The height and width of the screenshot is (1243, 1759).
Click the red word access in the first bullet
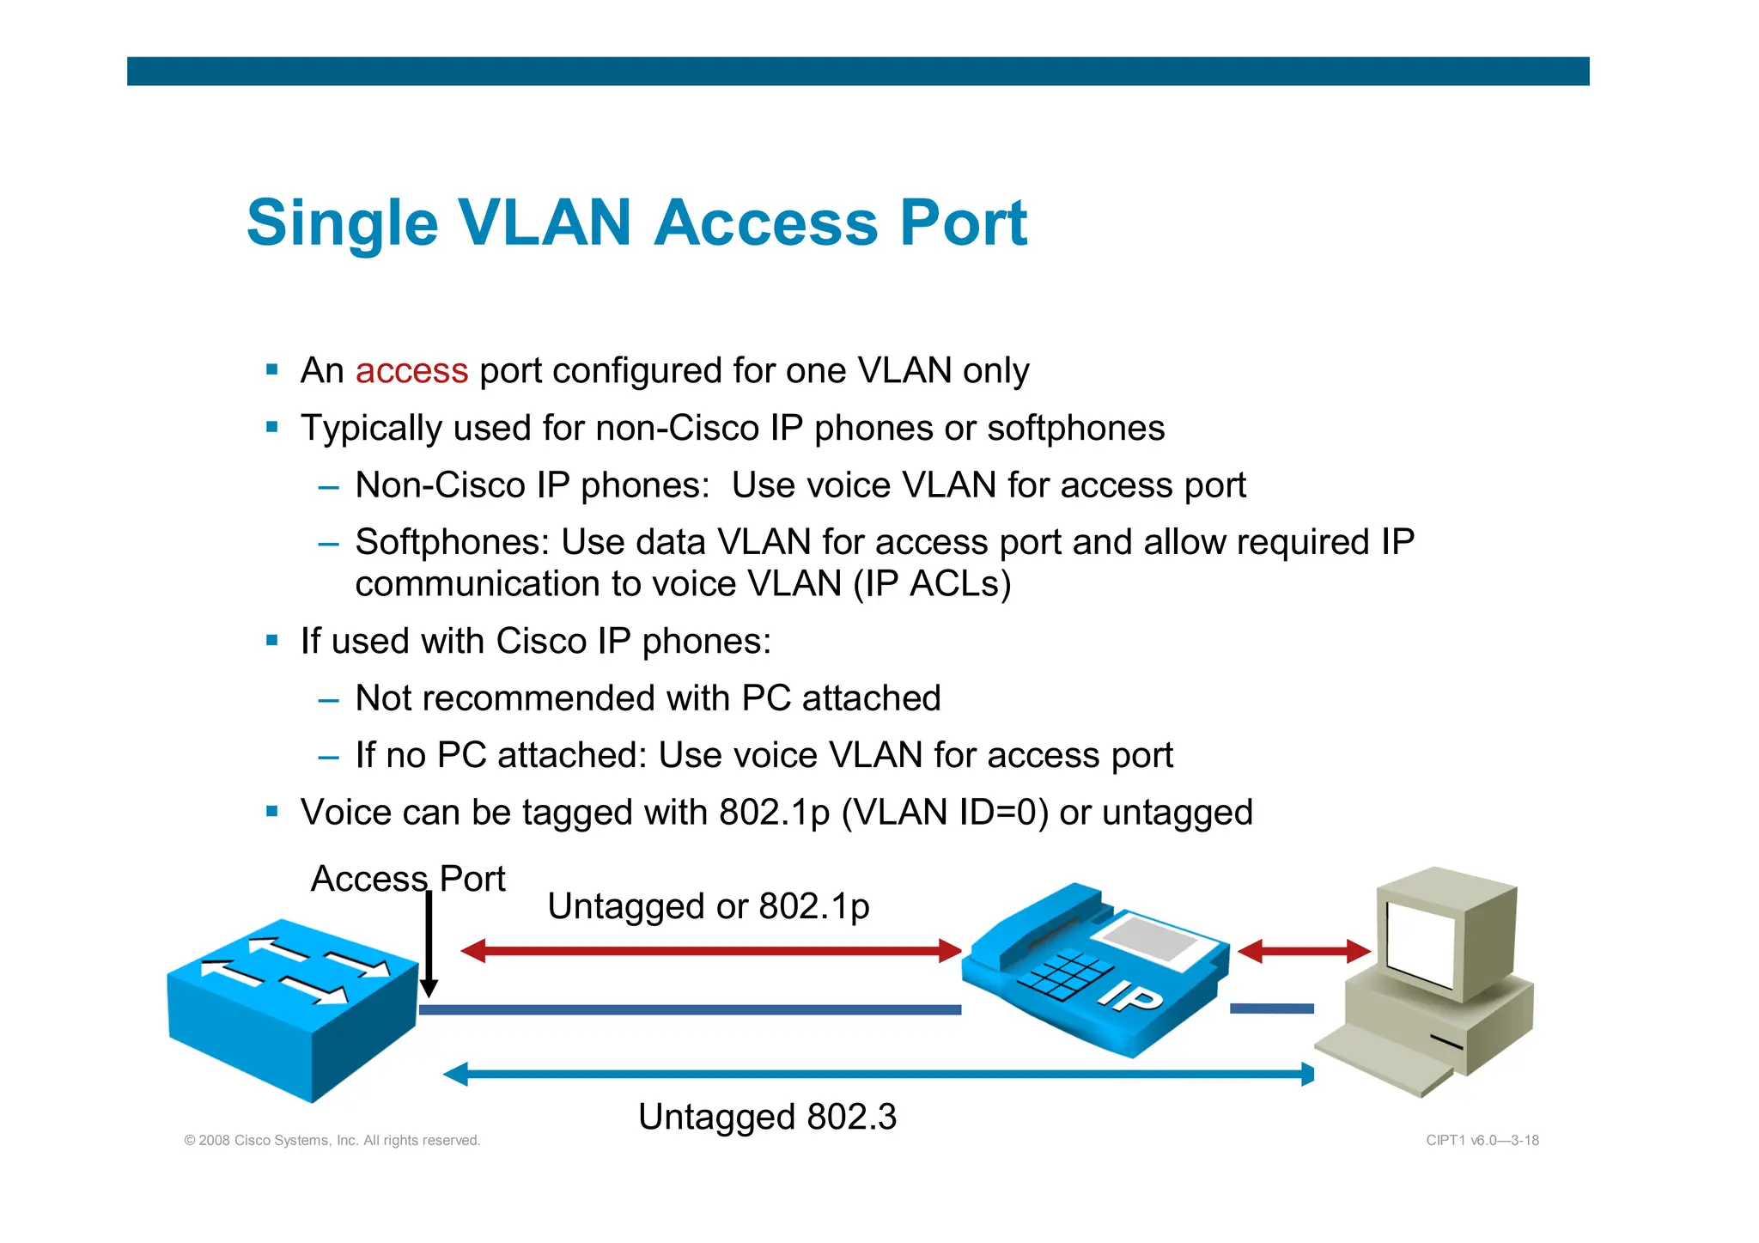pyautogui.click(x=411, y=371)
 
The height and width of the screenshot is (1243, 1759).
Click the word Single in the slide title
pyautogui.click(x=342, y=223)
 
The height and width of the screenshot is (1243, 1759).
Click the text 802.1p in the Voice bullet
pyautogui.click(x=774, y=813)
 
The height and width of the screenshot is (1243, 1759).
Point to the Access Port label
pyautogui.click(x=407, y=879)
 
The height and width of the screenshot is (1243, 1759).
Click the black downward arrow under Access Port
pyautogui.click(x=429, y=945)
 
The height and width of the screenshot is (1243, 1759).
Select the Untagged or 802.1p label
pyautogui.click(x=708, y=906)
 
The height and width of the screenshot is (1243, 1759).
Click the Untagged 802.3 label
pyautogui.click(x=767, y=1117)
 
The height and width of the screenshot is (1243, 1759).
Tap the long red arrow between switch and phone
pyautogui.click(x=710, y=951)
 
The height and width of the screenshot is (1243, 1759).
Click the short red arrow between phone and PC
pyautogui.click(x=1303, y=951)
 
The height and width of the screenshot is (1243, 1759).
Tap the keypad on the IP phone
pyautogui.click(x=1065, y=976)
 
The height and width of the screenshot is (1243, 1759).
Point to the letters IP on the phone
pyautogui.click(x=1131, y=996)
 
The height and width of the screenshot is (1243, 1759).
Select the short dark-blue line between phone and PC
pyautogui.click(x=1271, y=1008)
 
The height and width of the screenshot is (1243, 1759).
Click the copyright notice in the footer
pyautogui.click(x=332, y=1141)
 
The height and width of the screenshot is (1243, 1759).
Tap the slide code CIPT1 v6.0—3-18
pyautogui.click(x=1482, y=1141)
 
